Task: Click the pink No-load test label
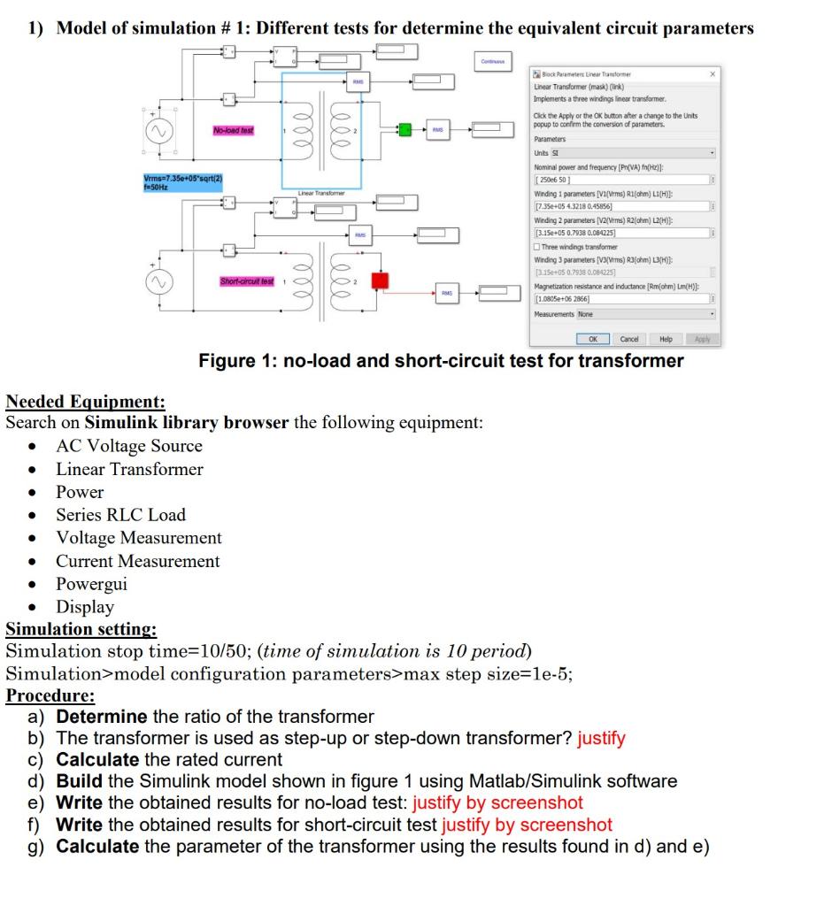pyautogui.click(x=234, y=130)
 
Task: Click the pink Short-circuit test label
pyautogui.click(x=247, y=281)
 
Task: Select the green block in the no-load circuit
pyautogui.click(x=404, y=130)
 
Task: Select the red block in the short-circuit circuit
pyautogui.click(x=379, y=280)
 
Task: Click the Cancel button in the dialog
pyautogui.click(x=629, y=339)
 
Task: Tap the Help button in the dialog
pyautogui.click(x=666, y=339)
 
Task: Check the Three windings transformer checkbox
pyautogui.click(x=538, y=247)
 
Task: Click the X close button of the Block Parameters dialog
pyautogui.click(x=713, y=75)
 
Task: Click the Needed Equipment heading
pyautogui.click(x=85, y=401)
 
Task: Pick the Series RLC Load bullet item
pyautogui.click(x=120, y=515)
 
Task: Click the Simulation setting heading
pyautogui.click(x=81, y=629)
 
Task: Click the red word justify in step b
pyautogui.click(x=601, y=738)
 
